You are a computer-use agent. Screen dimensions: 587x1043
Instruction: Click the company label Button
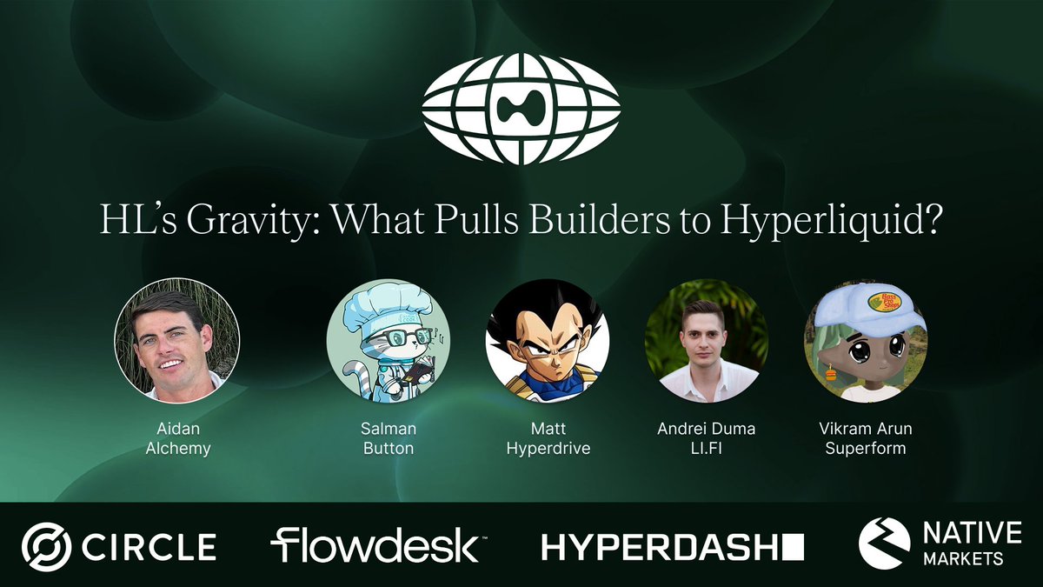click(x=388, y=450)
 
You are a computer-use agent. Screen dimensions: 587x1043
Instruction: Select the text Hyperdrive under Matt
click(x=548, y=450)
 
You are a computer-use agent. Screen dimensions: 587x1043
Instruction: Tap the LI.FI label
click(x=707, y=450)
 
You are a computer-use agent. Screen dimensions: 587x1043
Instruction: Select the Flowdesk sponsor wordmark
click(x=374, y=545)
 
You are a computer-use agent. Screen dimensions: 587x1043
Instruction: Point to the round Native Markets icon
click(x=884, y=544)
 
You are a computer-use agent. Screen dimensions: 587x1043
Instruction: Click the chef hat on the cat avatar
click(x=382, y=304)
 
